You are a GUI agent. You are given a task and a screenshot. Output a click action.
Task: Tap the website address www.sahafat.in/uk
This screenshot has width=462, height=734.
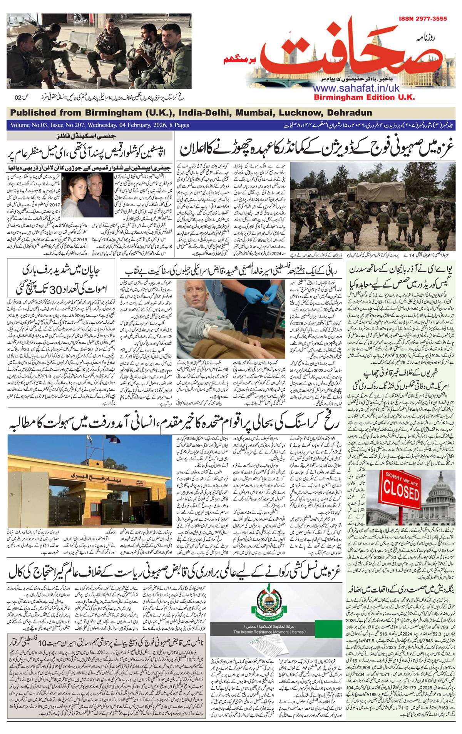[357, 88]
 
